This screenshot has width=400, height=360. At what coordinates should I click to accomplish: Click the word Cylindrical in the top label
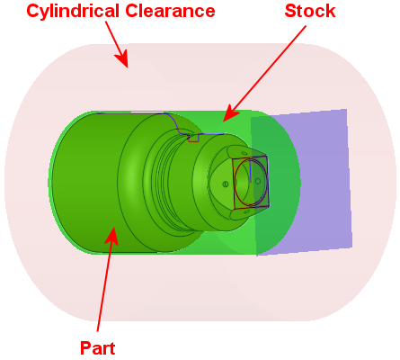pyautogui.click(x=73, y=12)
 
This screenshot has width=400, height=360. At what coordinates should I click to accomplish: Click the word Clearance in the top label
pyautogui.click(x=170, y=11)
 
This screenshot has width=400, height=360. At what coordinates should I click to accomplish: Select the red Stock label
pyautogui.click(x=310, y=11)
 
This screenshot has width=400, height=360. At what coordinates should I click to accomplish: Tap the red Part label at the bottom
pyautogui.click(x=98, y=348)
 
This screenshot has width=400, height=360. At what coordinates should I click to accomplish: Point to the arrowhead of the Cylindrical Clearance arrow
pyautogui.click(x=123, y=59)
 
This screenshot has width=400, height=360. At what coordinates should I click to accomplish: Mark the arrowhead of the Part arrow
pyautogui.click(x=111, y=236)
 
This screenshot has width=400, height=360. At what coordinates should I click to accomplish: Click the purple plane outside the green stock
pyautogui.click(x=324, y=180)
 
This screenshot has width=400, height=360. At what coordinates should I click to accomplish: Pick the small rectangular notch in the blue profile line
pyautogui.click(x=193, y=138)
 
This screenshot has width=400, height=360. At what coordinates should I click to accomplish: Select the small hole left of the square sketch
pyautogui.click(x=226, y=184)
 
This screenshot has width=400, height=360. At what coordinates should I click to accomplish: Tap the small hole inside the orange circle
pyautogui.click(x=258, y=181)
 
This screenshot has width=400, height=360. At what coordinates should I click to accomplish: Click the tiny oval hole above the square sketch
pyautogui.click(x=244, y=153)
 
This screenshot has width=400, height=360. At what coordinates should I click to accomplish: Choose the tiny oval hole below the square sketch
pyautogui.click(x=246, y=212)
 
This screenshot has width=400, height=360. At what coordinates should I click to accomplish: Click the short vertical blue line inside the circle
pyautogui.click(x=251, y=171)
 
